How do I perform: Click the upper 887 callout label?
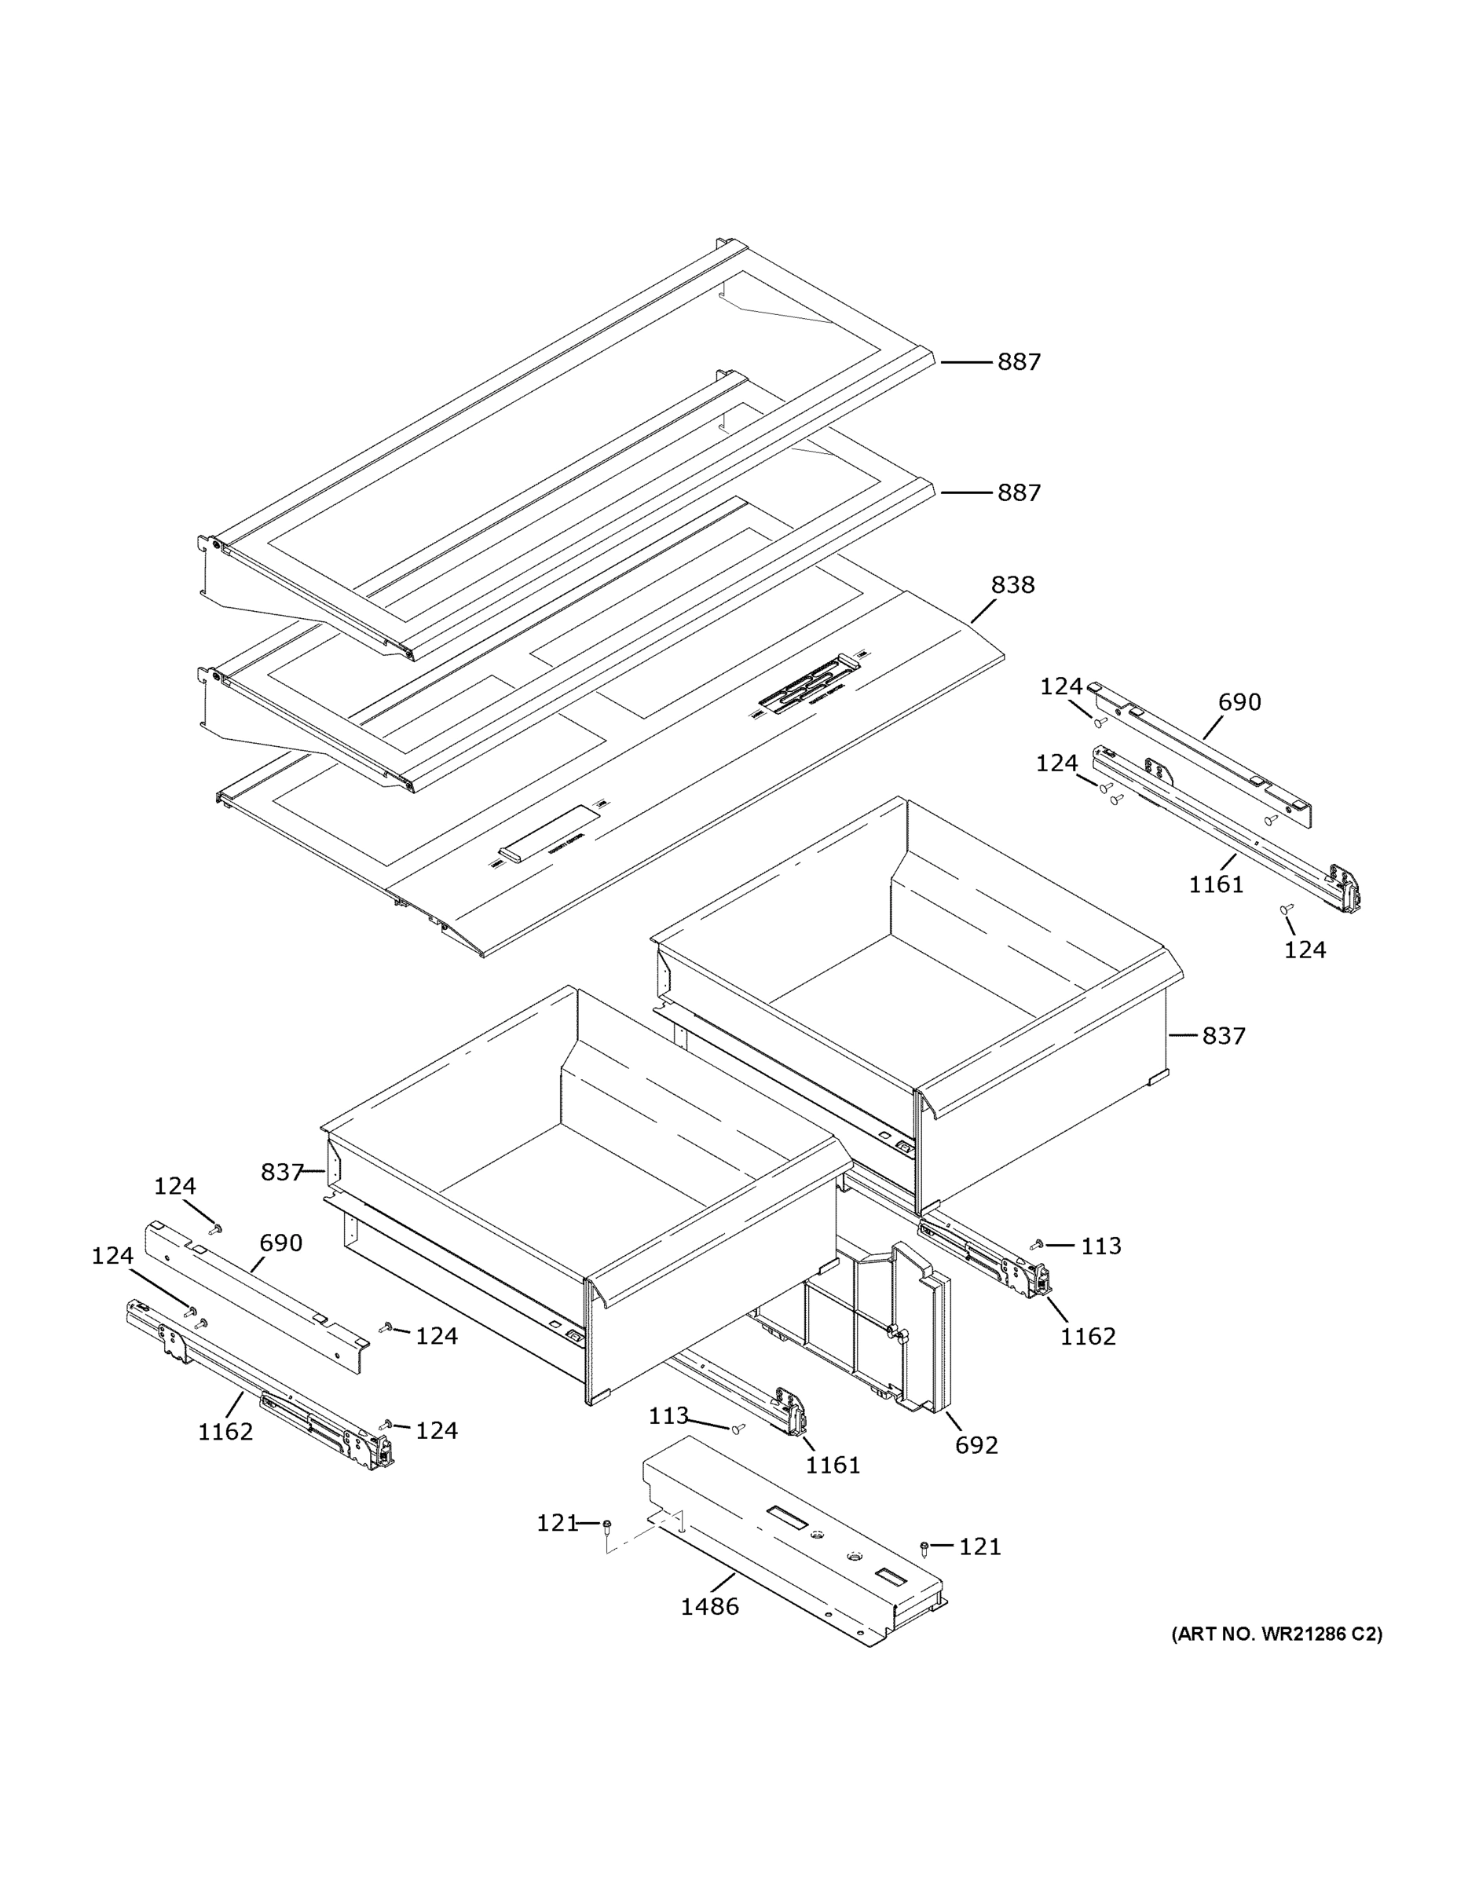click(x=1019, y=361)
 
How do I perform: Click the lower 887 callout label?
click(x=1019, y=492)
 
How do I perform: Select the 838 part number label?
click(x=1012, y=584)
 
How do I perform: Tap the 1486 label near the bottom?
click(x=709, y=1606)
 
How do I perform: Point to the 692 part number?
click(x=976, y=1445)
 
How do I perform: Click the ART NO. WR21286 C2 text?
click(x=1276, y=1634)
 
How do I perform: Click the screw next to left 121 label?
click(x=608, y=1525)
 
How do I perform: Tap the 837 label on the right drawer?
click(x=1223, y=1035)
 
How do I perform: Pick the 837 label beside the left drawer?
click(x=281, y=1172)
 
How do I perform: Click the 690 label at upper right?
click(x=1239, y=703)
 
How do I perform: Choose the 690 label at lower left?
click(x=280, y=1243)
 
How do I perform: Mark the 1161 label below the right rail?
click(x=1215, y=884)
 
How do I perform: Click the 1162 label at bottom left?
click(x=225, y=1432)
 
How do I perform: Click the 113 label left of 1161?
click(x=668, y=1415)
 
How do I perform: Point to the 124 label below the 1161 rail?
click(x=1304, y=950)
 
